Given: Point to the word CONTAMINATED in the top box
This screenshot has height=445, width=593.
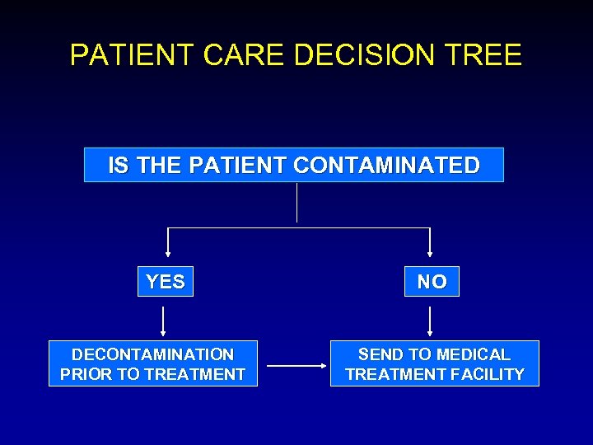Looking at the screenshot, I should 385,166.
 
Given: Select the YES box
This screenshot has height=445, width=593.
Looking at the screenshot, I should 165,282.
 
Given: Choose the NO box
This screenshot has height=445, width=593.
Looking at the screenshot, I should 432,282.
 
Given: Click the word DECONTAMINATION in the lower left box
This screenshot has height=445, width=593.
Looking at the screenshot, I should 152,354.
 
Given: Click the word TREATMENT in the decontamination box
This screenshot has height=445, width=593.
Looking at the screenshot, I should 194,374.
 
